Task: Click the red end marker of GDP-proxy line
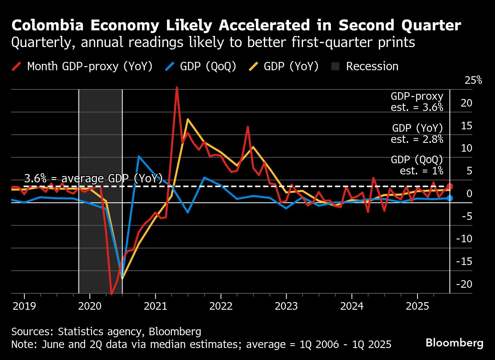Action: [x=449, y=186]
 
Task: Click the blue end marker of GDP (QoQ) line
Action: [x=449, y=198]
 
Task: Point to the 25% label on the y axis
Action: [x=473, y=80]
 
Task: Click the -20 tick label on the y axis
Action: [x=464, y=284]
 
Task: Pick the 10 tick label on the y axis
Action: [x=467, y=148]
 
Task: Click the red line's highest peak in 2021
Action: [x=176, y=87]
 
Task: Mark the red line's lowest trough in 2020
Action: [x=111, y=294]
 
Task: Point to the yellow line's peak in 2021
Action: [x=188, y=119]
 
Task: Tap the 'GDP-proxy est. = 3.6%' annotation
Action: [x=417, y=102]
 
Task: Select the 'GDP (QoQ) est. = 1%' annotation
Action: [x=417, y=165]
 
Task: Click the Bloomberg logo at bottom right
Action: [x=454, y=342]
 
